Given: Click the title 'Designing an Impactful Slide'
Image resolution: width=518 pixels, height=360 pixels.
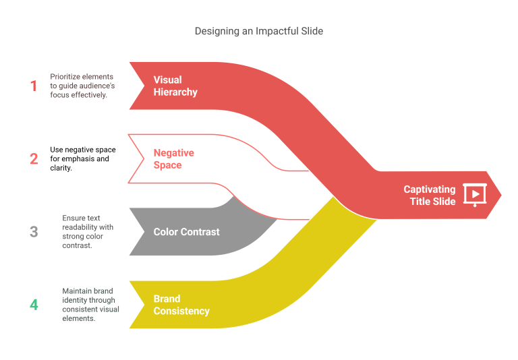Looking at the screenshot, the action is pos(259,31).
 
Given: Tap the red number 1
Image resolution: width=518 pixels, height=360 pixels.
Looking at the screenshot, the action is pos(33,86).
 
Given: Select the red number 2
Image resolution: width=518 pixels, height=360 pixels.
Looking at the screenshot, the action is pos(34,159).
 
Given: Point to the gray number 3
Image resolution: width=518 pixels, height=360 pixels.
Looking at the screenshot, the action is pos(34,232).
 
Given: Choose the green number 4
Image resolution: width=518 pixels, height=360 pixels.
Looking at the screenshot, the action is pos(34,305).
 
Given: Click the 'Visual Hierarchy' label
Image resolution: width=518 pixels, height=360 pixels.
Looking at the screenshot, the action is pos(175,86).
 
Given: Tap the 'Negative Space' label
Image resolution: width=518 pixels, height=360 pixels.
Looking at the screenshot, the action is pos(174,159).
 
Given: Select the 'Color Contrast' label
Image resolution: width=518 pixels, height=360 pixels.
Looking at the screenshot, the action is pos(186,232).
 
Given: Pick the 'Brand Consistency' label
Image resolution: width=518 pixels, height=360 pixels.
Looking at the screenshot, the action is pos(181,305).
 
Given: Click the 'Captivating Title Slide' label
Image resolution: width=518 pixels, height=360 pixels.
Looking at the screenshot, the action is pos(430,196).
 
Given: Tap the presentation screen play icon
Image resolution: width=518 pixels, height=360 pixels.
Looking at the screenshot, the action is pos(475,195).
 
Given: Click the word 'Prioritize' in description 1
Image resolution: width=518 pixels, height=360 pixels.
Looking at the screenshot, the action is pos(64,77).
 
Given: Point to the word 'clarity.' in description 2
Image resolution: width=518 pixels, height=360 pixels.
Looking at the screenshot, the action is pos(61,168).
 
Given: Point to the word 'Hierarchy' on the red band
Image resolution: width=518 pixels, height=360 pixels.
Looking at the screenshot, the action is pos(175,92).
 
